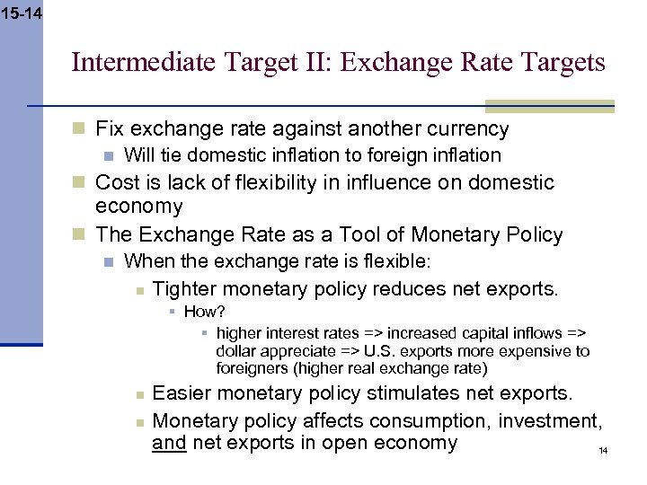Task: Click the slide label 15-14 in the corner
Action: click(x=21, y=13)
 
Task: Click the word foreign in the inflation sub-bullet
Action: click(x=410, y=155)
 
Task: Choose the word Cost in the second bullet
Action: click(x=115, y=182)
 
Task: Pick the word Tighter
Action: click(x=184, y=289)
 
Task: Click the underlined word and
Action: click(x=168, y=442)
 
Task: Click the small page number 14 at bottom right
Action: click(x=603, y=450)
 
